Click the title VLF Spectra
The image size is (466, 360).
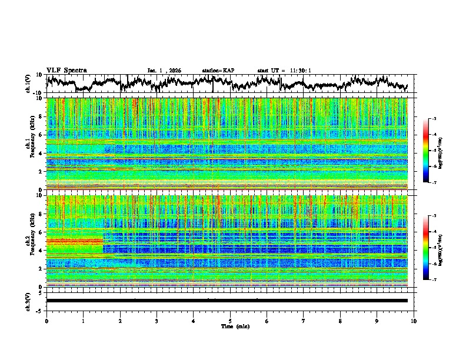(66, 70)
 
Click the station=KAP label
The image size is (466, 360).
(218, 71)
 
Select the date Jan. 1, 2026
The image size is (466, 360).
(164, 71)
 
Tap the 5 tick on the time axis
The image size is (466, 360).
(230, 321)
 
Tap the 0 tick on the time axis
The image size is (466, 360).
(46, 321)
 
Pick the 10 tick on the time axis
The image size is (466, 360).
(414, 321)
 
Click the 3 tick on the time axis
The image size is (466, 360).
(157, 321)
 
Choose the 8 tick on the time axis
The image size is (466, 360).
(340, 321)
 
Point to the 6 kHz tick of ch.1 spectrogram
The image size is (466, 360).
(42, 135)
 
